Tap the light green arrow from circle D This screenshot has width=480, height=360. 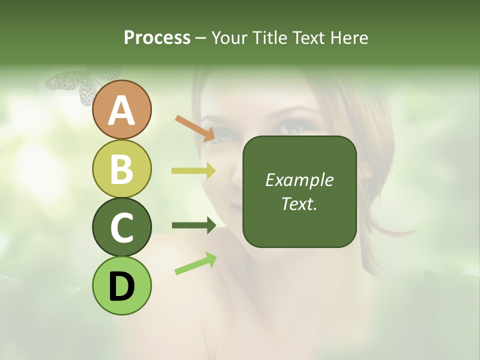[195, 263]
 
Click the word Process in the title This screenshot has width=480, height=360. [157, 37]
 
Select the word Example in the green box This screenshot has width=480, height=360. [299, 180]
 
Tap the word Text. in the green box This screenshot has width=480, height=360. [299, 203]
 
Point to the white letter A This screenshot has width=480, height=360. [122, 111]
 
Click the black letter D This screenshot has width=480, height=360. [122, 286]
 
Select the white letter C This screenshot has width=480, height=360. [122, 227]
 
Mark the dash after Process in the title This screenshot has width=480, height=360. [201, 38]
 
